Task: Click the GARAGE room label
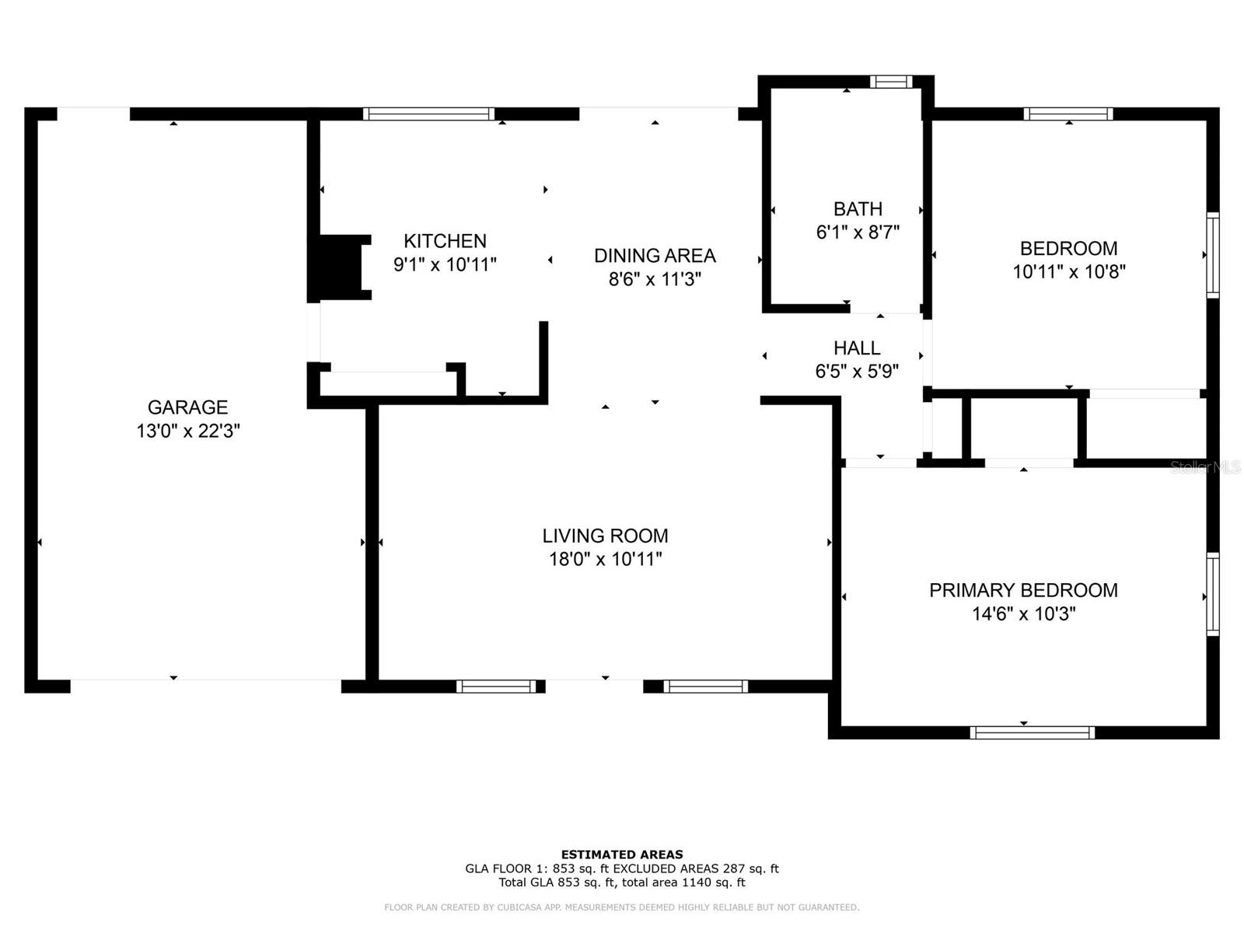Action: pyautogui.click(x=187, y=407)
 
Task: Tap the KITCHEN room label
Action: pyautogui.click(x=444, y=241)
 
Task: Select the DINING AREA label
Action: pyautogui.click(x=655, y=256)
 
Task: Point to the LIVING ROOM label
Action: pyautogui.click(x=605, y=536)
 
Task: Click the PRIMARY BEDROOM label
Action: pyautogui.click(x=1023, y=589)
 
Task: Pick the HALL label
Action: pyautogui.click(x=856, y=348)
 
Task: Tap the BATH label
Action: pyautogui.click(x=858, y=208)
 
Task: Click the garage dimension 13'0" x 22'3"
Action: pyautogui.click(x=187, y=431)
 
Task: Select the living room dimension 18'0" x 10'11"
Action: pyautogui.click(x=605, y=558)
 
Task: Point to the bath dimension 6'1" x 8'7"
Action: pyautogui.click(x=858, y=232)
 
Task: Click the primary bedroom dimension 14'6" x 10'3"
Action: pyautogui.click(x=1023, y=613)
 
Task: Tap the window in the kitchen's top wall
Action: pyautogui.click(x=428, y=114)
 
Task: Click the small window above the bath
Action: pyautogui.click(x=891, y=82)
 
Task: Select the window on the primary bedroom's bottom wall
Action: pyautogui.click(x=1032, y=732)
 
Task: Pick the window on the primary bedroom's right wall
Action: pyautogui.click(x=1212, y=594)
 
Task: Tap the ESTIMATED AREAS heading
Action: pyautogui.click(x=622, y=854)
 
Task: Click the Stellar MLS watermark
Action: pyautogui.click(x=1205, y=466)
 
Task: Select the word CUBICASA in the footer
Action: pyautogui.click(x=518, y=907)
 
